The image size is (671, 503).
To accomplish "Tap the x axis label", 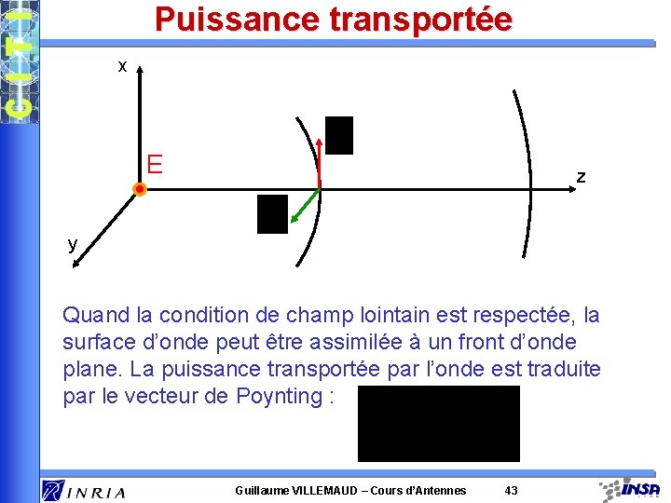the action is [x=122, y=66].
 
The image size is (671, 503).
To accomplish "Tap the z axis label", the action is [x=581, y=176].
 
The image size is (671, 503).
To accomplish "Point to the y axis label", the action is [x=72, y=244].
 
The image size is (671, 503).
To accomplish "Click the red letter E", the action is [x=155, y=165].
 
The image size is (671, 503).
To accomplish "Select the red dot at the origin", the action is [x=139, y=189].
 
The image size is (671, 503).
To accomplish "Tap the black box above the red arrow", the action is [x=339, y=135].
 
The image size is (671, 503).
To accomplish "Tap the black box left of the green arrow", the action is [x=273, y=213].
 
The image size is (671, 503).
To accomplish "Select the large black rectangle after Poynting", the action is [x=438, y=424].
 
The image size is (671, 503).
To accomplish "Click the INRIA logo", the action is [x=83, y=490].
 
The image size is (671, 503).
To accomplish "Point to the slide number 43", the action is [x=511, y=491].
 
